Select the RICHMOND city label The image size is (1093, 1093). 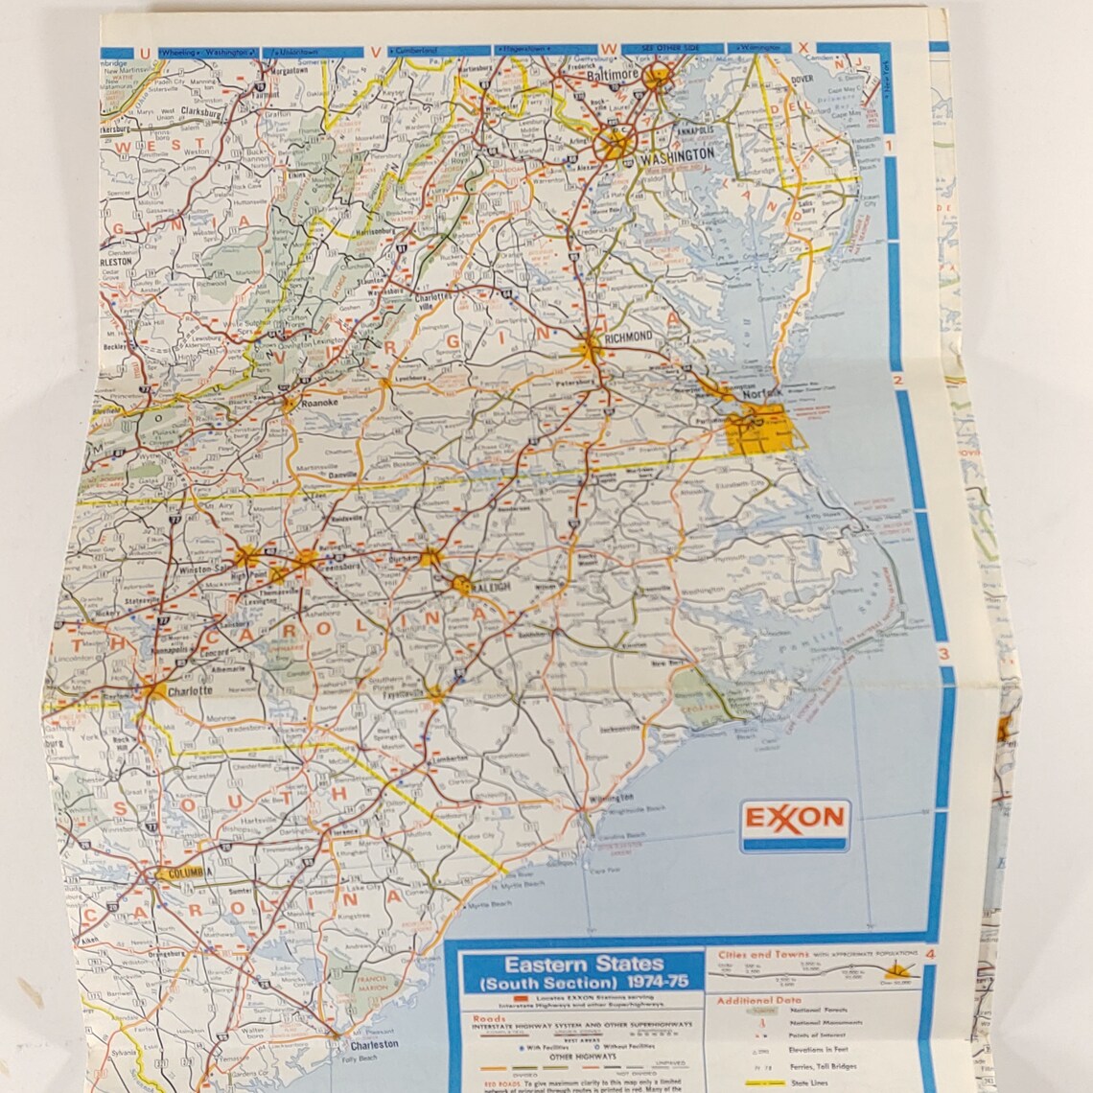point(628,337)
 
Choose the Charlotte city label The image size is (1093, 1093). point(189,689)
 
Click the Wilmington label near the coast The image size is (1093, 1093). point(612,797)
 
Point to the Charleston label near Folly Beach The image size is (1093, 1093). point(374,1044)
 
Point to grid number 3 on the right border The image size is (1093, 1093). point(942,656)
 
